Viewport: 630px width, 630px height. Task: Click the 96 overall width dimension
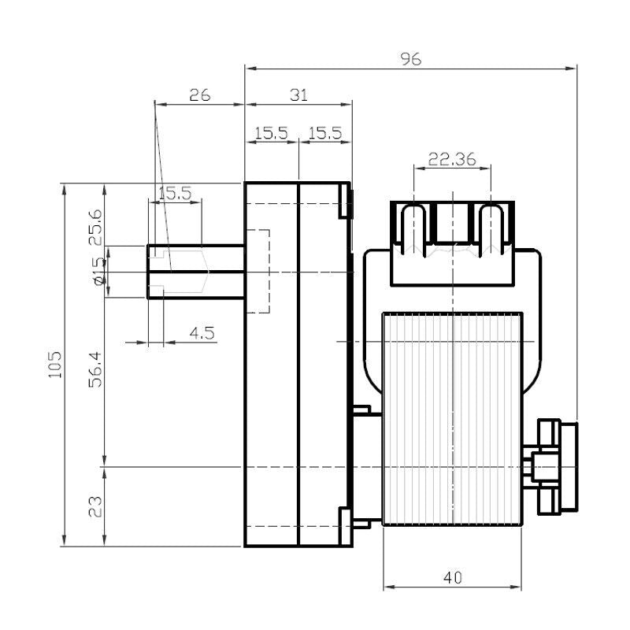click(x=410, y=59)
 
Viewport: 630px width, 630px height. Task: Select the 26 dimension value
click(x=200, y=95)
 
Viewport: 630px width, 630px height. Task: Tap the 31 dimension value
click(x=298, y=95)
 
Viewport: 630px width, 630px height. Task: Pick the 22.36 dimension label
click(x=452, y=159)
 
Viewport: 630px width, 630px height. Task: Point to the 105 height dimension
click(x=55, y=365)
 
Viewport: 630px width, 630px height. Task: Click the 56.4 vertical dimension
click(x=95, y=369)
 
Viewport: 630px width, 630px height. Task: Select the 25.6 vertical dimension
click(x=95, y=228)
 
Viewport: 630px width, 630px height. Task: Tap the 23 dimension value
click(x=95, y=506)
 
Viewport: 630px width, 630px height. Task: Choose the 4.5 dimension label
click(x=202, y=333)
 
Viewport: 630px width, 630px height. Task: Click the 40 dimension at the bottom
click(x=453, y=578)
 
